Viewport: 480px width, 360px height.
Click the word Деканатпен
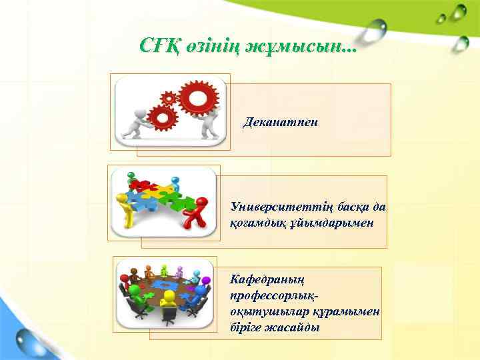click(281, 123)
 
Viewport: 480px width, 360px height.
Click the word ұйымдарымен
click(347, 222)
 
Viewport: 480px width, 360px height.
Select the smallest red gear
click(169, 99)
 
